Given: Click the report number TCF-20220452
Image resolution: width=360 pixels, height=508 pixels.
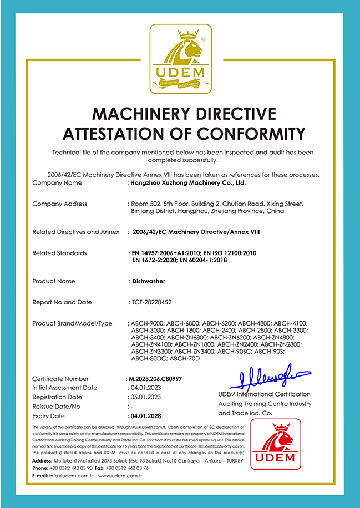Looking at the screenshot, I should tap(151, 303).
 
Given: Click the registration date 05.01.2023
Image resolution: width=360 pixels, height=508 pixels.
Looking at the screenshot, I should tap(145, 397).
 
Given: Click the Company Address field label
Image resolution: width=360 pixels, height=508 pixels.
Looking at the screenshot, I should tap(60, 204).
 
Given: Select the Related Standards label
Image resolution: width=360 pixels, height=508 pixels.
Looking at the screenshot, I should tap(60, 253).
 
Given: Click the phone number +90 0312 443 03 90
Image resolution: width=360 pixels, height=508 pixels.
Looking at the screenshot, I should tap(70, 468).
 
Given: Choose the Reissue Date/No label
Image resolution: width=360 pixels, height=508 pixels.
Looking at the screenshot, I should tap(57, 407).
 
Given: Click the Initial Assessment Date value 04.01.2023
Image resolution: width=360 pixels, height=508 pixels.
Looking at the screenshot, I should tap(145, 388).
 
